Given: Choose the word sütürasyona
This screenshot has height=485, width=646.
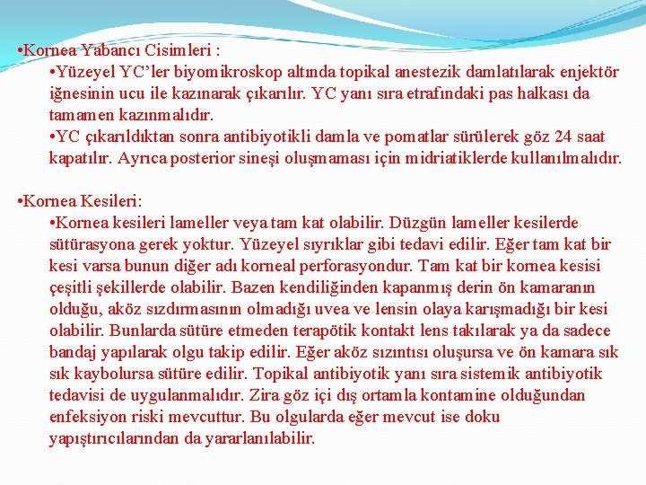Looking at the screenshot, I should [92, 244].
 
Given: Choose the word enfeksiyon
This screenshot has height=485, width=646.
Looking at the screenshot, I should [89, 417].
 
